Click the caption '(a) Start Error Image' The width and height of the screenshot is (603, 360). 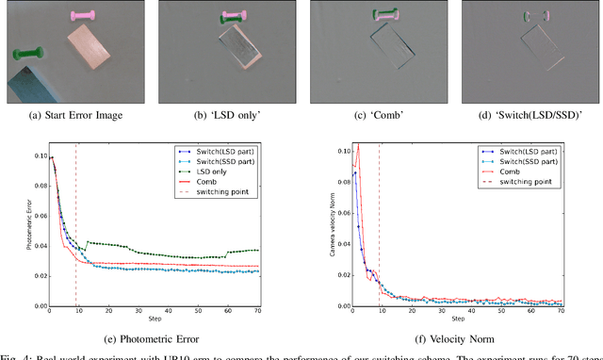pyautogui.click(x=71, y=118)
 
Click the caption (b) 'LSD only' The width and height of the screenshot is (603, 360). pyautogui.click(x=220, y=118)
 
